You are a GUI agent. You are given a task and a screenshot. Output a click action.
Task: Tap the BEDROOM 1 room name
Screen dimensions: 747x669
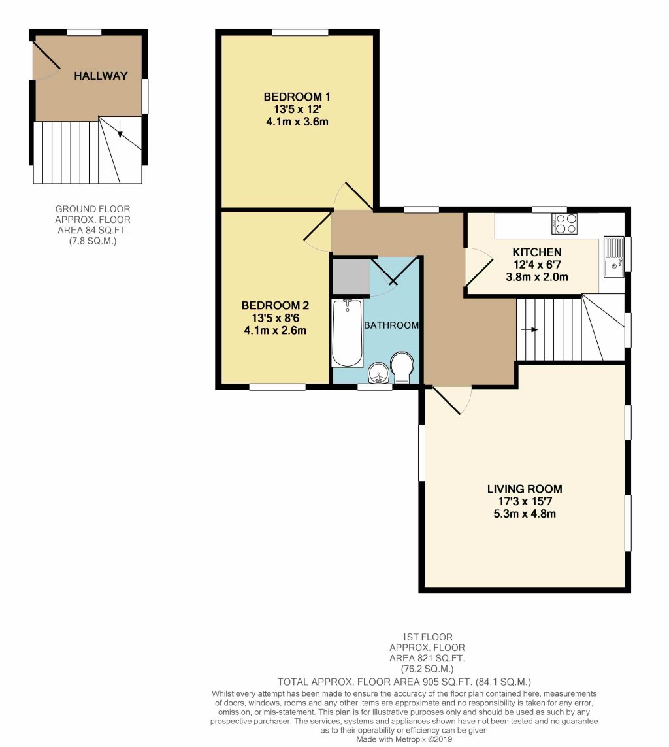pyautogui.click(x=296, y=97)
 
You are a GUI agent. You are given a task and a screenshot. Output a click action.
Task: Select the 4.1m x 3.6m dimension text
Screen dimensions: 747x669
pyautogui.click(x=296, y=121)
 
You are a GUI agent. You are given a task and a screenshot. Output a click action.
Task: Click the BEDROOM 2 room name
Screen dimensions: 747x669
pyautogui.click(x=275, y=306)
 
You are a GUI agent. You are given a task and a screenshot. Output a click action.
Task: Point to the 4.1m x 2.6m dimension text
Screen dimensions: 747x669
pyautogui.click(x=275, y=330)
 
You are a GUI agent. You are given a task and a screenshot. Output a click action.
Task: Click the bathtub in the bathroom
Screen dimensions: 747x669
pyautogui.click(x=347, y=333)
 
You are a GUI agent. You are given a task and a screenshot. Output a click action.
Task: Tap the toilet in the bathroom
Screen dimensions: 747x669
pyautogui.click(x=401, y=368)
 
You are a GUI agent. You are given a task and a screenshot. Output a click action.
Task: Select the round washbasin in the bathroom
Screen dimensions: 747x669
pyautogui.click(x=378, y=373)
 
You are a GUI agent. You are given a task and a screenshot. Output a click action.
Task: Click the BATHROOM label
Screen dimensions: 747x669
pyautogui.click(x=391, y=325)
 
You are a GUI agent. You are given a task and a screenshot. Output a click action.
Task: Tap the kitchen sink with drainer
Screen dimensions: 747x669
pyautogui.click(x=614, y=257)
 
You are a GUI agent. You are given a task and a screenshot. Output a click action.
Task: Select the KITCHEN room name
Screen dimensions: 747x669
pyautogui.click(x=536, y=252)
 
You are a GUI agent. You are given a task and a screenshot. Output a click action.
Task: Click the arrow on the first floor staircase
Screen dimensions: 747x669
pyautogui.click(x=530, y=329)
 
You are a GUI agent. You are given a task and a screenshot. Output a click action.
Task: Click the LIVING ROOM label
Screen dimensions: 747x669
pyautogui.click(x=524, y=489)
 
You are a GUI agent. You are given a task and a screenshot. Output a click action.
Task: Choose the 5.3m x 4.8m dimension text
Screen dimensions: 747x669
pyautogui.click(x=524, y=513)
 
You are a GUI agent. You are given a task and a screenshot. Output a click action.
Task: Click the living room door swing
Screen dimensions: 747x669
pyautogui.click(x=451, y=399)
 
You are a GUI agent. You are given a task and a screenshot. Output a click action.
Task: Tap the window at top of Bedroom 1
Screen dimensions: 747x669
pyautogui.click(x=300, y=32)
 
